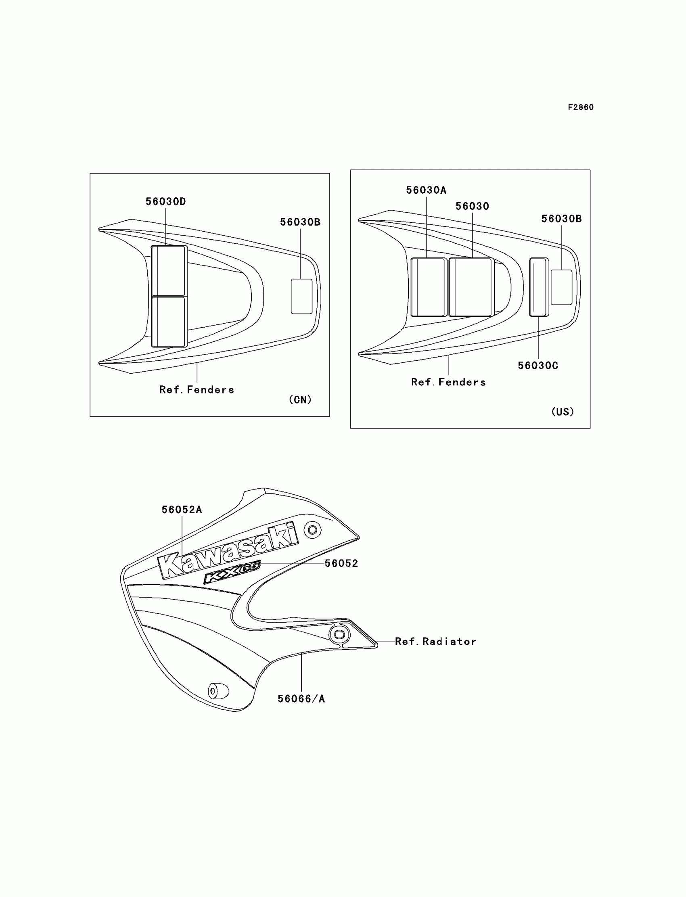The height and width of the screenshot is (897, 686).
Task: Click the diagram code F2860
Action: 581,107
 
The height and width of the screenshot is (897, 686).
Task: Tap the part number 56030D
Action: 166,202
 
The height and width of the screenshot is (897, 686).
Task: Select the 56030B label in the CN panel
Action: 300,222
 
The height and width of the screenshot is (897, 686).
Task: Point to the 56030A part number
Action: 426,190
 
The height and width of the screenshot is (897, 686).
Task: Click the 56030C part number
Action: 538,366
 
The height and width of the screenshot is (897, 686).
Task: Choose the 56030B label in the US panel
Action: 561,219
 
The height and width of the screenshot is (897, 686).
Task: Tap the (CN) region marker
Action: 300,400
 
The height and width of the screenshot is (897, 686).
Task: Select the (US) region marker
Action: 562,412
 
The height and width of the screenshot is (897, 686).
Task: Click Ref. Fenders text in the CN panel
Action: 197,390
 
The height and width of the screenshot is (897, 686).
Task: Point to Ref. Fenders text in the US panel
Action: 448,382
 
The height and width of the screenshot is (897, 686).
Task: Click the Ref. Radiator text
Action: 435,642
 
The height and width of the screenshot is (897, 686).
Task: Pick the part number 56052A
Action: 182,510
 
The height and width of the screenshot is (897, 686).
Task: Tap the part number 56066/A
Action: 301,699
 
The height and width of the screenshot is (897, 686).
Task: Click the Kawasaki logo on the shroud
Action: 228,551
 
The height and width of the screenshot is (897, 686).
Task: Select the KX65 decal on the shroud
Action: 232,572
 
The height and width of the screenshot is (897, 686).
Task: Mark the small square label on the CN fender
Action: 301,297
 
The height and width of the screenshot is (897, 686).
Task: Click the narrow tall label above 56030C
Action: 539,287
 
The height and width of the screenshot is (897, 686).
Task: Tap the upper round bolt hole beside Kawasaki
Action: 312,530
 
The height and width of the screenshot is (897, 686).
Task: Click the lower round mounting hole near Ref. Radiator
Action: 339,634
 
